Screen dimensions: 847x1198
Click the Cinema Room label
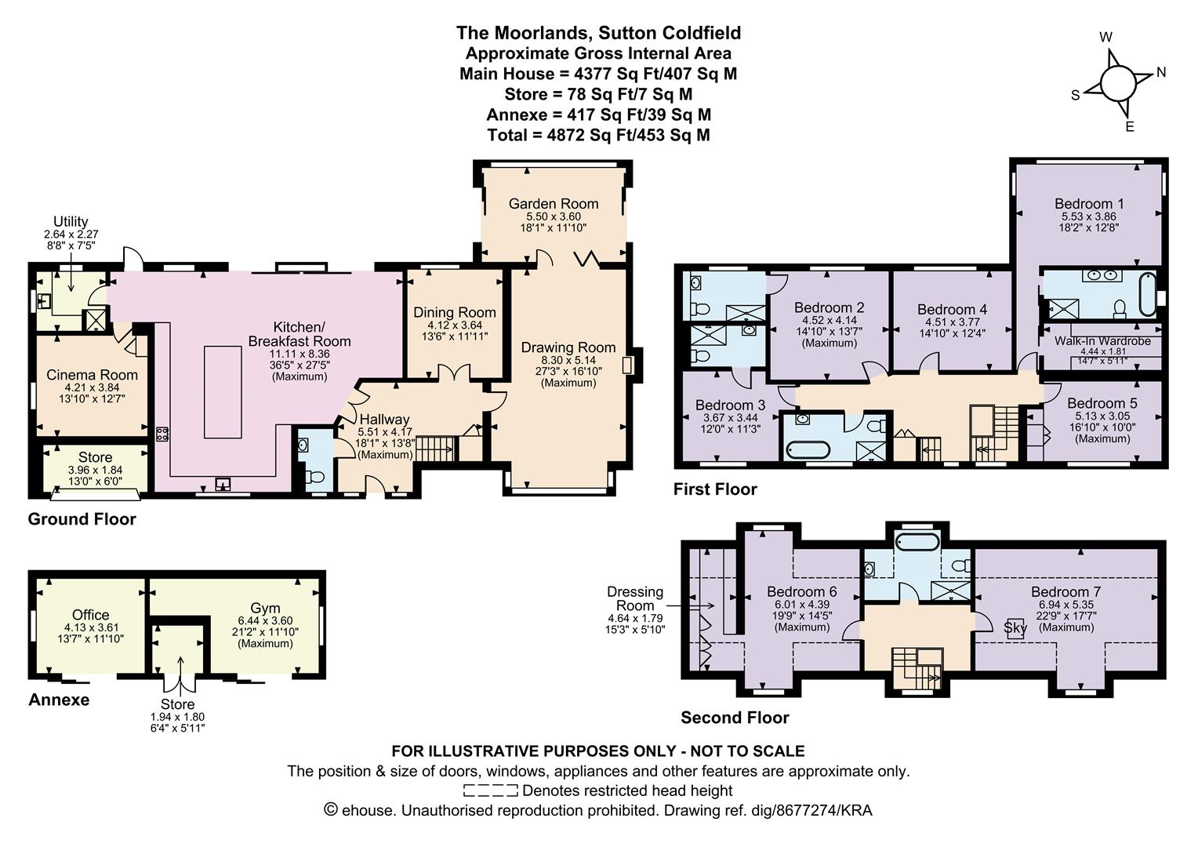coord(92,375)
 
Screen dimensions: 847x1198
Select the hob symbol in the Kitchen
coord(163,434)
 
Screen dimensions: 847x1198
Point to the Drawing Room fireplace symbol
coord(626,365)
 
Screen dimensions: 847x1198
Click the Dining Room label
coord(454,312)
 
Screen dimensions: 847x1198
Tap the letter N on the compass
coord(1161,72)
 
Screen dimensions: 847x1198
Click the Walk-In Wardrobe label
coord(1102,341)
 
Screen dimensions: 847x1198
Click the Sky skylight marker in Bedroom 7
coord(1015,628)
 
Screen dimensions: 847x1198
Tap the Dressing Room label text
coord(635,598)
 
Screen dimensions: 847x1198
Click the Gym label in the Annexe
coord(265,609)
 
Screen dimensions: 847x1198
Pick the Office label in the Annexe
coord(90,615)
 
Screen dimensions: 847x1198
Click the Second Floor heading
coord(735,718)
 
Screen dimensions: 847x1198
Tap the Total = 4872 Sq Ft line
coord(598,135)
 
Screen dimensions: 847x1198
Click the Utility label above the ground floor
coord(71,222)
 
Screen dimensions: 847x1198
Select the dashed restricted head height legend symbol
coord(490,791)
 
